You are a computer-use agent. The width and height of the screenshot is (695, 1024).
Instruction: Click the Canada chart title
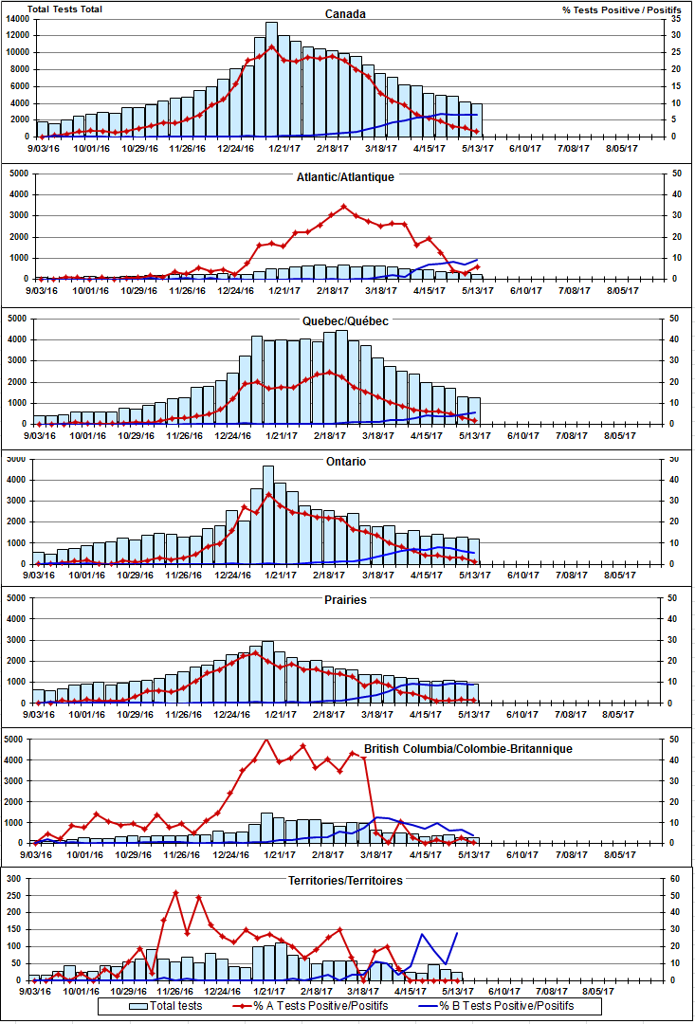[344, 14]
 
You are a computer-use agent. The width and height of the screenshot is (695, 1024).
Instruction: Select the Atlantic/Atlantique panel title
[344, 176]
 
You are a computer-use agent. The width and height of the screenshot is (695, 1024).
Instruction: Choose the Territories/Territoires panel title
[345, 881]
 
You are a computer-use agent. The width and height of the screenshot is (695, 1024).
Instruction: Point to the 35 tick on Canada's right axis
[675, 19]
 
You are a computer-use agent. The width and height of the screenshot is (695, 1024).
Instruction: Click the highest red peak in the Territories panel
[175, 892]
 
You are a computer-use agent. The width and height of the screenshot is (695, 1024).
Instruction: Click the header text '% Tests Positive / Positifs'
[613, 9]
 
